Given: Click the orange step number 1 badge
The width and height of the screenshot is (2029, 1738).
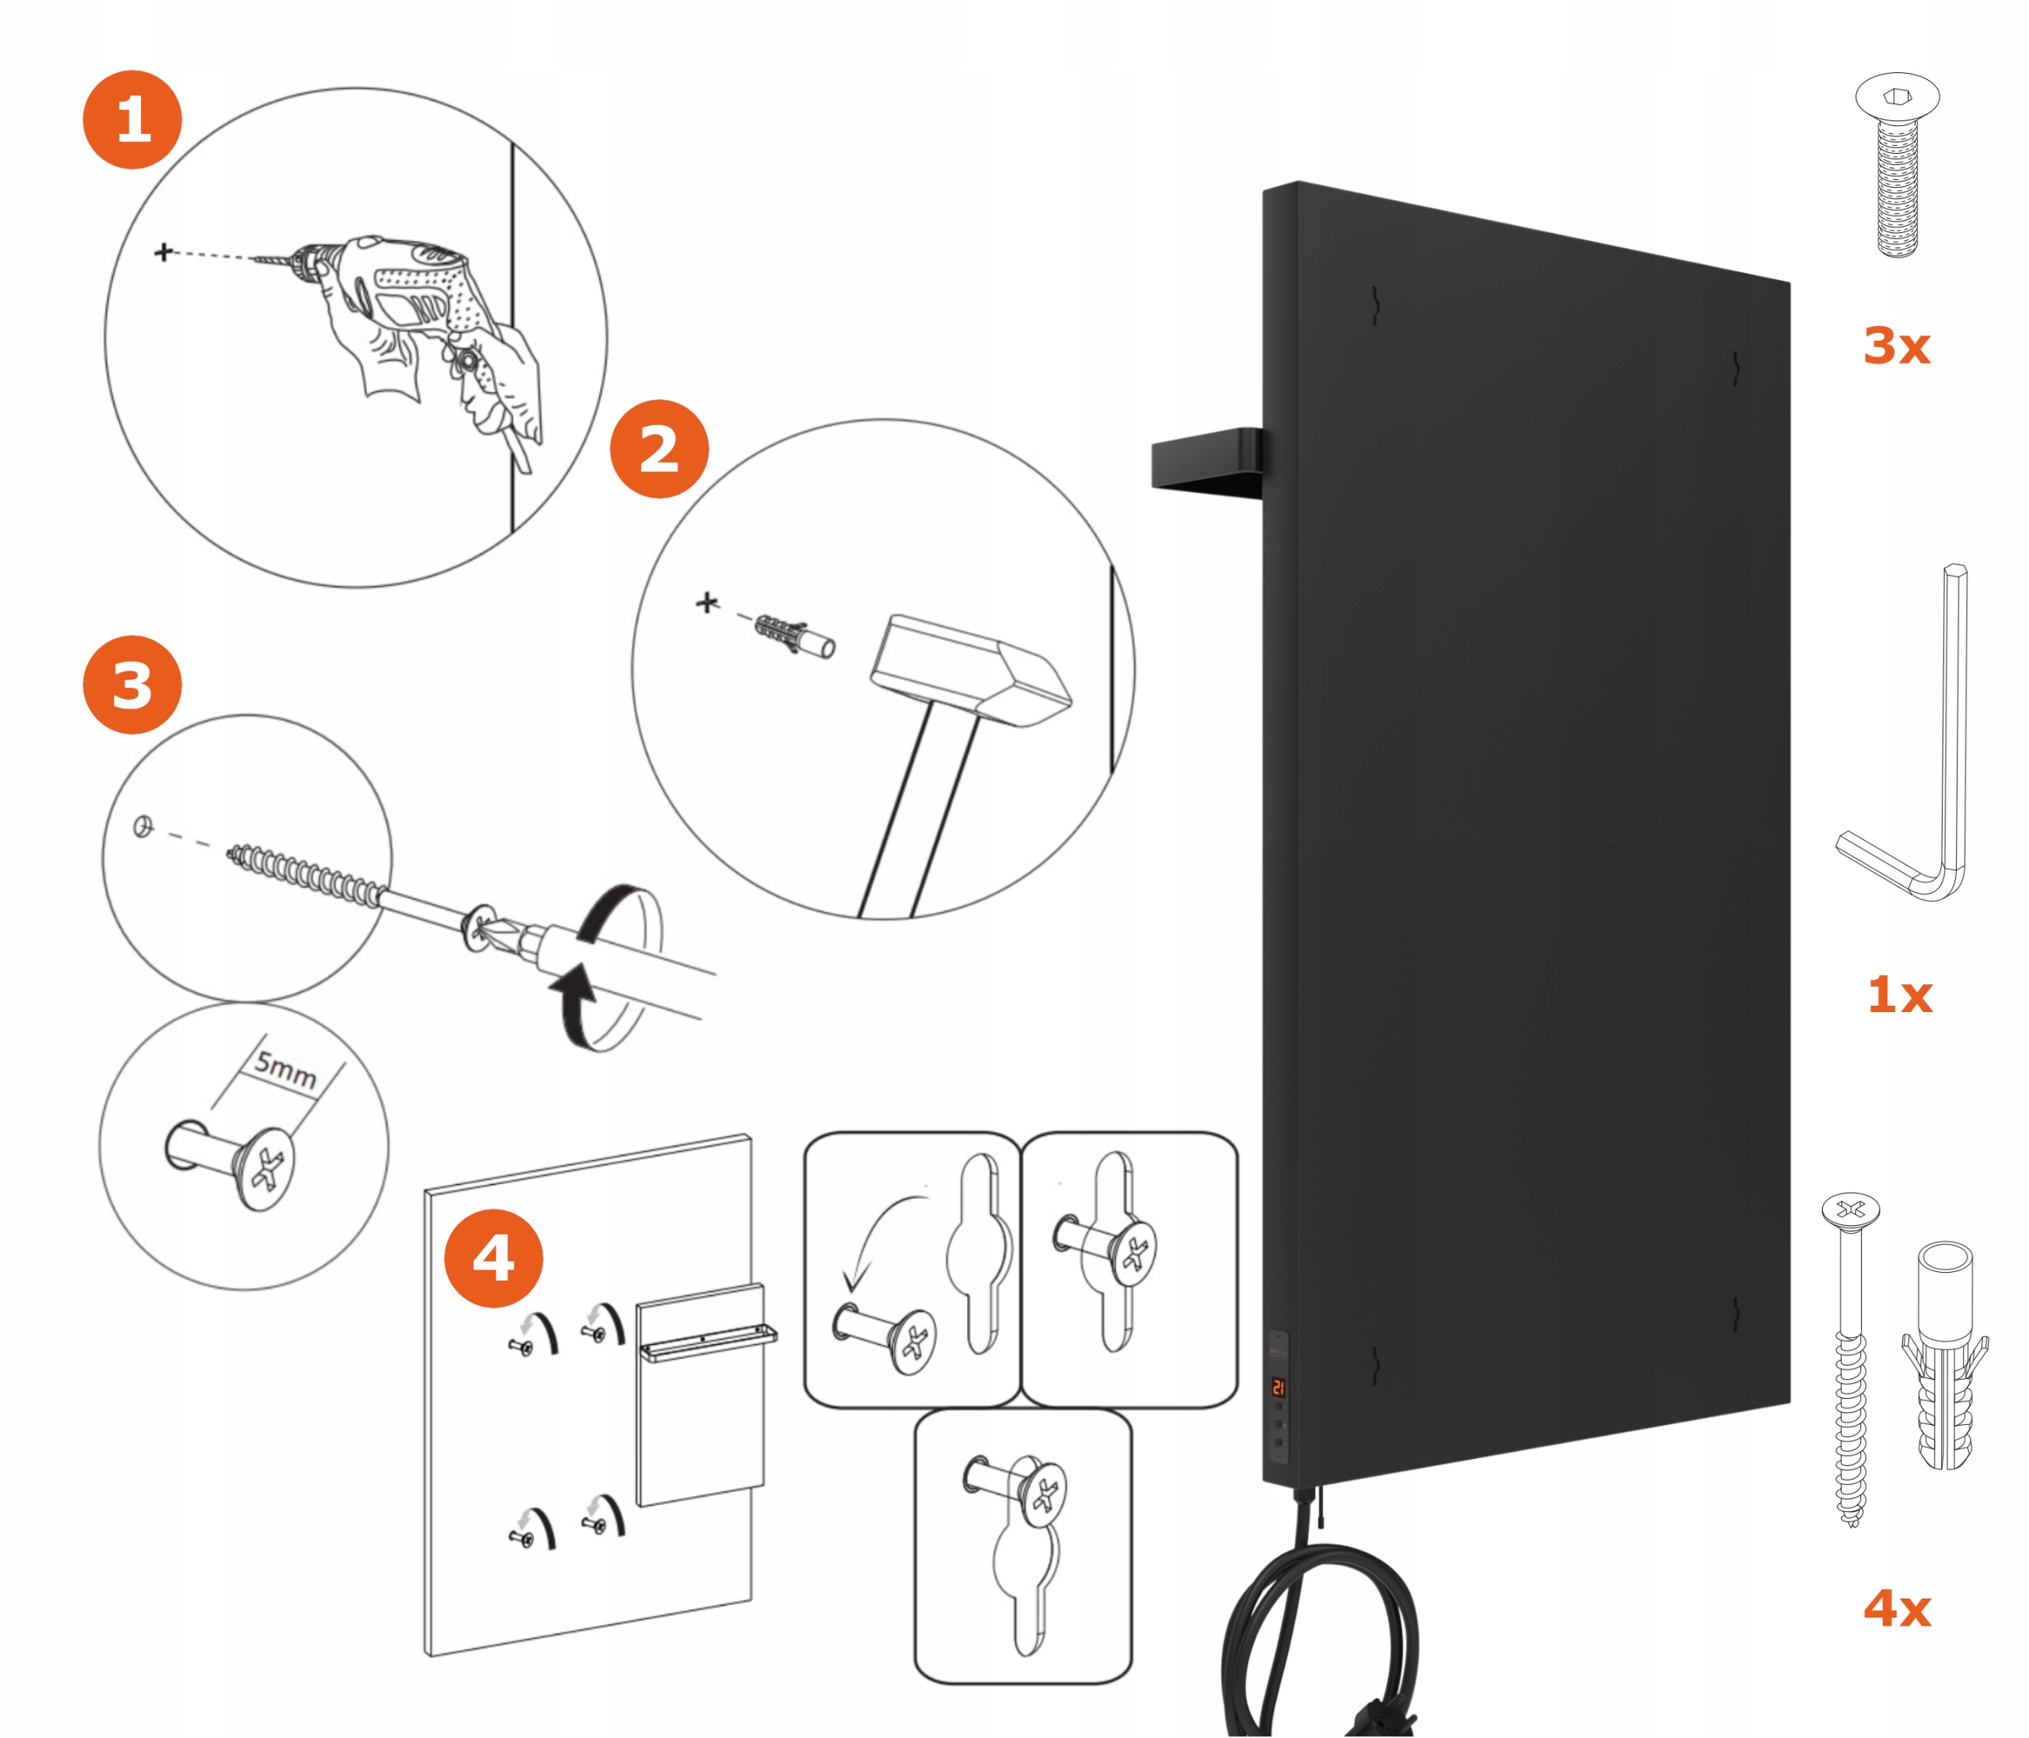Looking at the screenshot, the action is click(x=132, y=120).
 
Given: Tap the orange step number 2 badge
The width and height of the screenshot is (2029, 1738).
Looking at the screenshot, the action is click(x=659, y=449).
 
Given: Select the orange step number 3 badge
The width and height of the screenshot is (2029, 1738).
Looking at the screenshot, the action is click(x=132, y=685).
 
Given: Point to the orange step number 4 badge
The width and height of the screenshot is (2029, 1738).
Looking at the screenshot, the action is click(x=494, y=1259).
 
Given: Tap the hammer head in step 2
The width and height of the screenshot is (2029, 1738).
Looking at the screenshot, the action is click(x=969, y=670).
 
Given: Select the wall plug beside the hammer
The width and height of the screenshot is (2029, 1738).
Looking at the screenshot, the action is click(x=795, y=636).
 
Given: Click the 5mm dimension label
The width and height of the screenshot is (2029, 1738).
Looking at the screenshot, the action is click(x=286, y=1068).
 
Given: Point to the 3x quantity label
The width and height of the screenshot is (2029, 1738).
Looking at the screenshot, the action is click(x=1896, y=346).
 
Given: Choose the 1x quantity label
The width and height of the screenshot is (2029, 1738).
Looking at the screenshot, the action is click(x=1899, y=995).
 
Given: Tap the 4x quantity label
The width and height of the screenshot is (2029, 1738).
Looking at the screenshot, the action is click(x=1897, y=1609).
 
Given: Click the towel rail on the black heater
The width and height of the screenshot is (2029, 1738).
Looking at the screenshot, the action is click(x=1206, y=462).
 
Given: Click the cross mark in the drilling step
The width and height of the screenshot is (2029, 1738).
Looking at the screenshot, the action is click(x=163, y=253).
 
